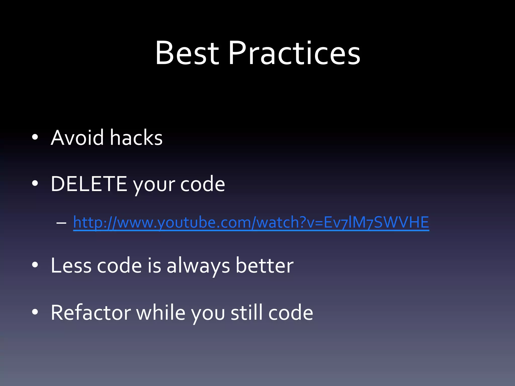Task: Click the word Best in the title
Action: (x=187, y=53)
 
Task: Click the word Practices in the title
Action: (x=294, y=53)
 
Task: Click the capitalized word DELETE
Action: (x=89, y=184)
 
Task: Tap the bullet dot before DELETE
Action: (x=35, y=184)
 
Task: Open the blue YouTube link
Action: (x=251, y=222)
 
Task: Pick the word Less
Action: (x=71, y=265)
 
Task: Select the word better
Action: (x=264, y=265)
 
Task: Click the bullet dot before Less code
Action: (x=35, y=265)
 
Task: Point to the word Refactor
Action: (x=91, y=312)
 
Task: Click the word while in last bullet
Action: (x=161, y=312)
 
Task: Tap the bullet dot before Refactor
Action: (x=35, y=312)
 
